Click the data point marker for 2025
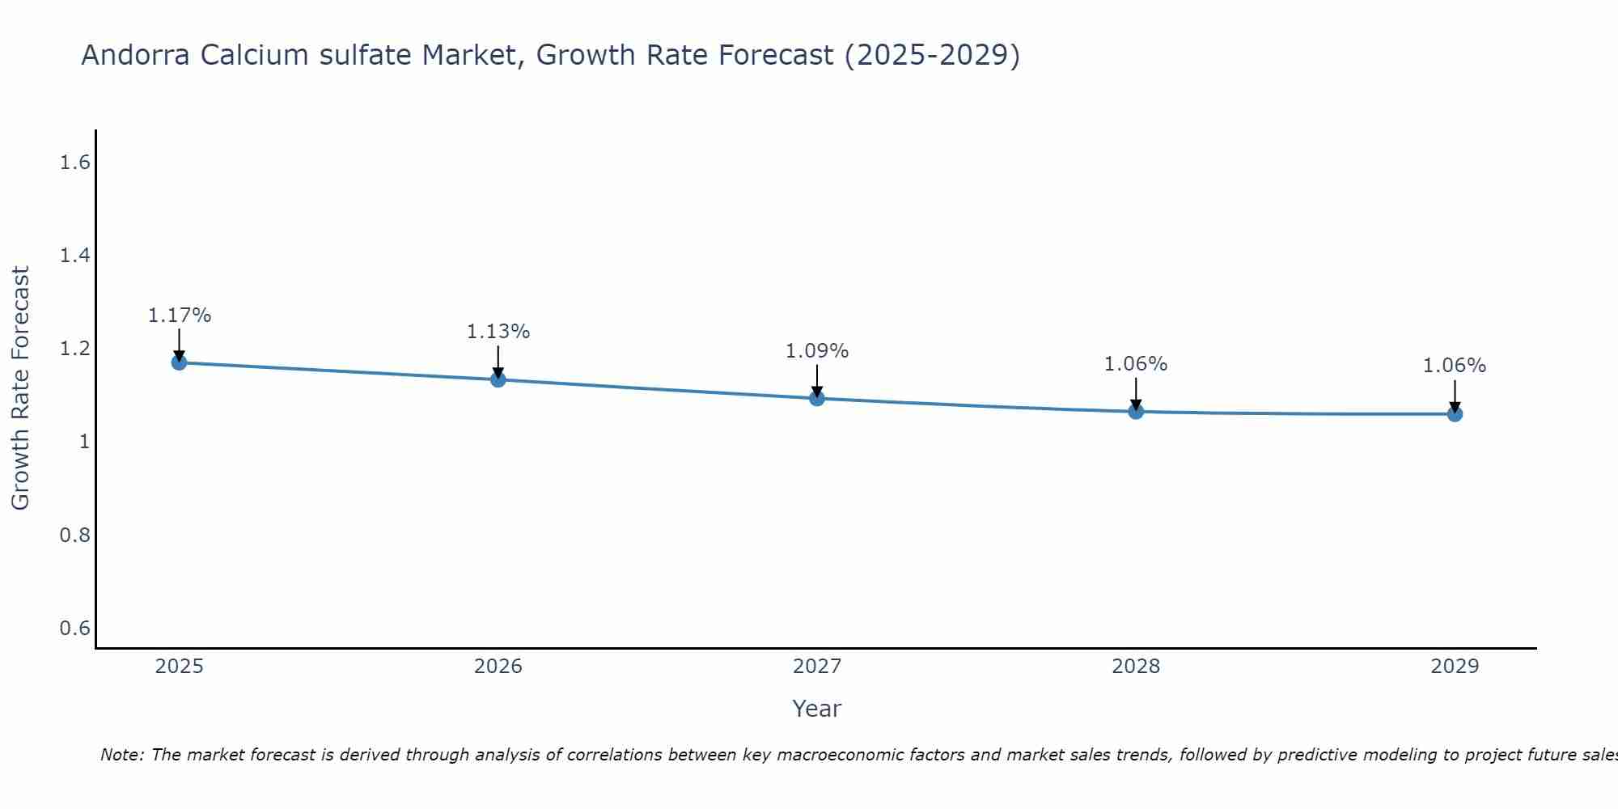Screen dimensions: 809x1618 coord(180,362)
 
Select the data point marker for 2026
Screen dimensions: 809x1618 coord(498,379)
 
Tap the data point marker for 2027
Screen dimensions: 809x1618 coord(817,398)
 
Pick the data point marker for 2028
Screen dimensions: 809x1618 coord(1136,412)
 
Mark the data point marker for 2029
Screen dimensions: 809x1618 coord(1455,414)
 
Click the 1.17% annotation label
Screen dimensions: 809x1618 coord(180,316)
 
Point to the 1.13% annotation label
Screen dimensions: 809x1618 coord(498,332)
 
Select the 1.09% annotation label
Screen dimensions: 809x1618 coord(817,351)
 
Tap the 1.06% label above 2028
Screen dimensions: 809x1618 coord(1136,364)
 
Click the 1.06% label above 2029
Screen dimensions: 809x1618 coord(1455,366)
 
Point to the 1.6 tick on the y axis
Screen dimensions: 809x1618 coord(74,163)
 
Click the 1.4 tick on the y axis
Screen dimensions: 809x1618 coord(74,256)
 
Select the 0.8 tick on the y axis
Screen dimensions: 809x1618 coord(74,536)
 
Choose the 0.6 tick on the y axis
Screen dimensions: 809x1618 coord(74,629)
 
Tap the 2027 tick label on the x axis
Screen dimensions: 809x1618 coord(817,667)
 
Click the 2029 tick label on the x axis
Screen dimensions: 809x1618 coord(1455,667)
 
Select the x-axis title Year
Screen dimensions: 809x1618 coord(817,709)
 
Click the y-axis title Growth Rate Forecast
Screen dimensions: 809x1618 coord(21,388)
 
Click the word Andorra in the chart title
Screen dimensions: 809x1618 coord(136,56)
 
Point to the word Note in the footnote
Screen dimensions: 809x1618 coord(121,755)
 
